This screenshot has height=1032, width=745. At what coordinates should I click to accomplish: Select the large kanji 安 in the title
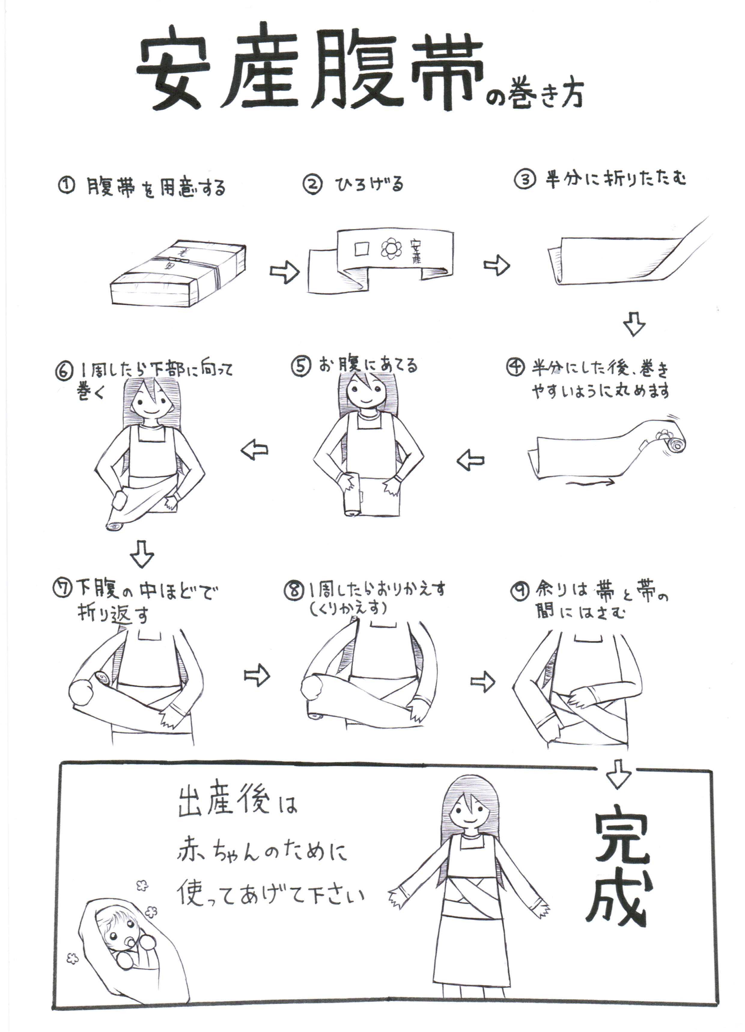pyautogui.click(x=173, y=68)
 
